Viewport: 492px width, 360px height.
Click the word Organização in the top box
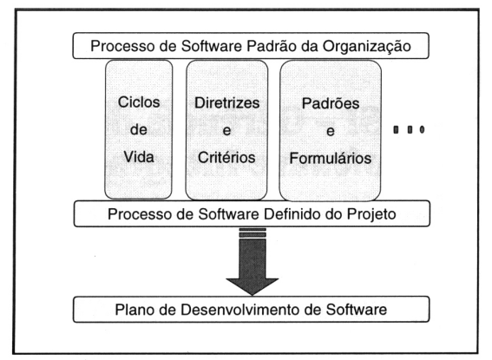[x=367, y=47]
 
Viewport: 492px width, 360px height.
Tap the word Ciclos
[x=139, y=102]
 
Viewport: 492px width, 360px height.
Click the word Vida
[x=139, y=157]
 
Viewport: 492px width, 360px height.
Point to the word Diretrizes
[x=226, y=103]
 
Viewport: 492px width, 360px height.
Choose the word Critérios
[x=226, y=157]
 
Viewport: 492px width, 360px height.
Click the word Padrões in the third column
[x=331, y=103]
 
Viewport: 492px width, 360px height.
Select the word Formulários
[x=331, y=158]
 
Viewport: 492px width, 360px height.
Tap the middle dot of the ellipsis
[x=410, y=129]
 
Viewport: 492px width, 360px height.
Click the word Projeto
[x=371, y=215]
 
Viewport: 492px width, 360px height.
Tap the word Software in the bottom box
[x=356, y=310]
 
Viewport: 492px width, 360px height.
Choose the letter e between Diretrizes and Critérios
[x=226, y=131]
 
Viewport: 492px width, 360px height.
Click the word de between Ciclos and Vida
[x=139, y=129]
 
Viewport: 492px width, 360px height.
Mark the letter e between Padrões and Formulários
[x=330, y=131]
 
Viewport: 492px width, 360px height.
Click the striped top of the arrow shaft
[x=253, y=233]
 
